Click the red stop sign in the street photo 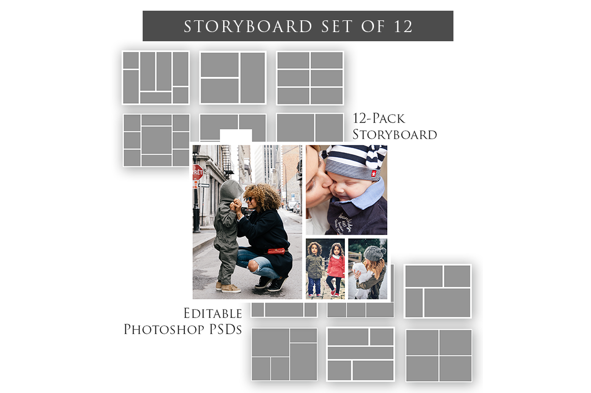point(198,172)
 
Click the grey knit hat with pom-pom point(375,253)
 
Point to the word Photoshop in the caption point(169,329)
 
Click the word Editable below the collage point(212,313)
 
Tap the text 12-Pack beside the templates point(379,119)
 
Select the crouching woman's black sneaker point(276,285)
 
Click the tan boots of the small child point(229,288)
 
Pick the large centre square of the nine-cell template point(156,140)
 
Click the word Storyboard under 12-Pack point(394,135)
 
